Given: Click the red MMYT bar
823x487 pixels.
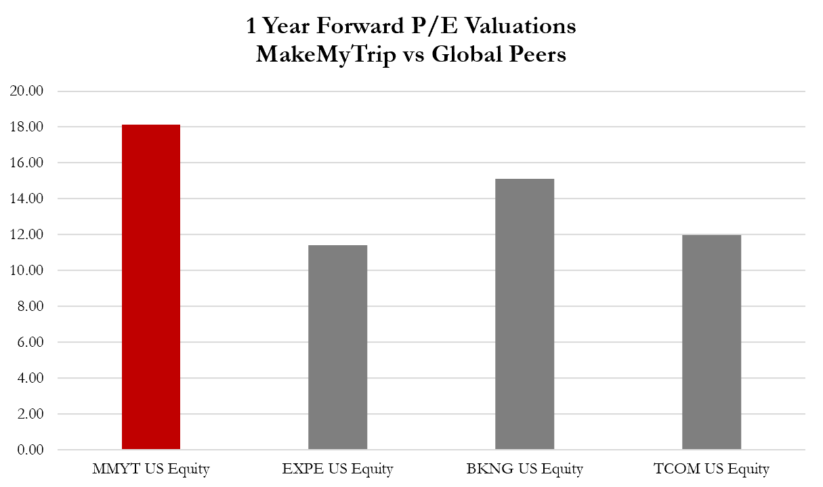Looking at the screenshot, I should [x=151, y=287].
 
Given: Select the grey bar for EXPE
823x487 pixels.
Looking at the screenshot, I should [x=337, y=347].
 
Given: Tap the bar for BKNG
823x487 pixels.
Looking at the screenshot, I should [x=524, y=314].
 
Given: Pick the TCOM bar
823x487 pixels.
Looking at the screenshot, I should [x=711, y=342].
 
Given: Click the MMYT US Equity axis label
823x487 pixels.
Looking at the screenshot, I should [x=151, y=469].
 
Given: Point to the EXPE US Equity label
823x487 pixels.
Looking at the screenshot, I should [x=337, y=469].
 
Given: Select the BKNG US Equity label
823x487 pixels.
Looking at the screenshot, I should [x=524, y=469].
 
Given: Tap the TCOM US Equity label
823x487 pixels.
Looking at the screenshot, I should [x=711, y=469].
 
